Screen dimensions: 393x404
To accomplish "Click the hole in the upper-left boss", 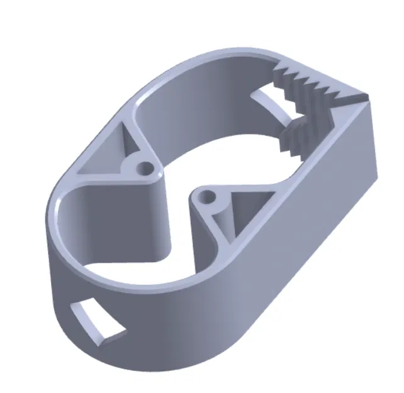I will tap(146, 169).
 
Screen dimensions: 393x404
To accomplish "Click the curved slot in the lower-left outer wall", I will tap(94, 321).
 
